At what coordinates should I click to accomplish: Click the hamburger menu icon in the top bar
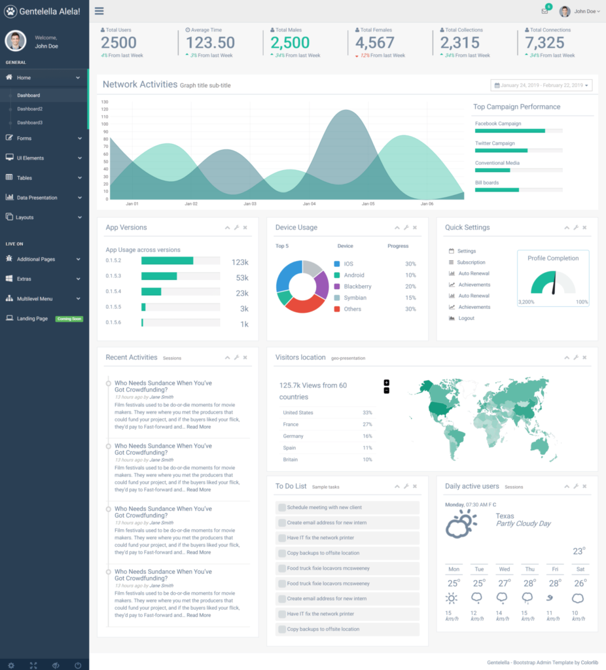coord(99,11)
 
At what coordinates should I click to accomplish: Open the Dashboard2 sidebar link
coord(29,109)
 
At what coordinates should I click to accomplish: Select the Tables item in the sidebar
coord(24,178)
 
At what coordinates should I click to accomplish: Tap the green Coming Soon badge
coord(69,319)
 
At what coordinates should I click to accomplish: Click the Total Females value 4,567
coord(375,43)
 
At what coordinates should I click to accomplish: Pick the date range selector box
coord(541,85)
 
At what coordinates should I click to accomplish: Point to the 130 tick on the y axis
coord(105,102)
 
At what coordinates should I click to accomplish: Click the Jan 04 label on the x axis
coord(309,203)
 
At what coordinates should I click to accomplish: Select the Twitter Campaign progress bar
coord(518,150)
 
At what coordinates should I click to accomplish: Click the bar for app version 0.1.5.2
coord(167,261)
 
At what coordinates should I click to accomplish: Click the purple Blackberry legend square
coord(337,287)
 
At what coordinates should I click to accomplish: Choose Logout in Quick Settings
coord(467,318)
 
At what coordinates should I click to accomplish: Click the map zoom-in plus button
coord(387,383)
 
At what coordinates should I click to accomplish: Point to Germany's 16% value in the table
coord(367,436)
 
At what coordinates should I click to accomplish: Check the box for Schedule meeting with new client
coord(282,508)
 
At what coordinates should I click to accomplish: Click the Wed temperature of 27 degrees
coord(503,584)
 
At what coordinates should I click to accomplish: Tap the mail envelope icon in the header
coord(544,11)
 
